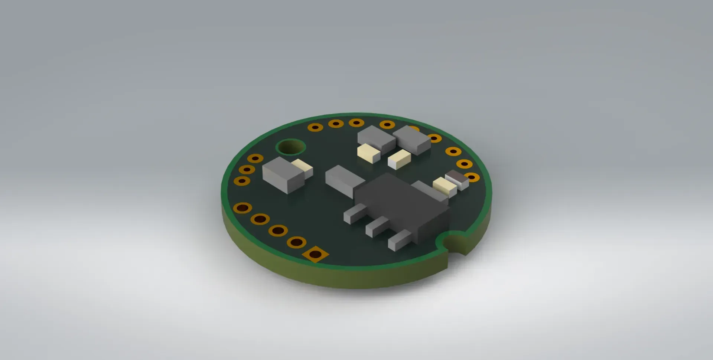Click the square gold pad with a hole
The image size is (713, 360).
click(315, 254)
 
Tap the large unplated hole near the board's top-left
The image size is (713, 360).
click(291, 147)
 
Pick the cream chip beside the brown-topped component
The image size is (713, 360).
click(445, 186)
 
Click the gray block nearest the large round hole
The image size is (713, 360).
click(283, 174)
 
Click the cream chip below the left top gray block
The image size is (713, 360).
click(368, 153)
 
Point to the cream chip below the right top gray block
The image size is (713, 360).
click(399, 160)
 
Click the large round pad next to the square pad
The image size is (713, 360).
click(296, 242)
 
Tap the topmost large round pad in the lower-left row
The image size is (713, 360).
click(242, 208)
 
